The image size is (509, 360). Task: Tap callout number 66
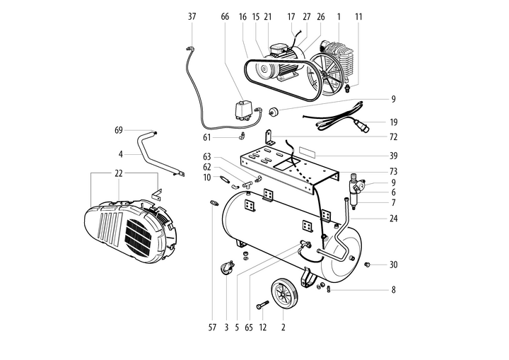pos(225,16)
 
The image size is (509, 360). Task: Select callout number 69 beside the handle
pos(119,130)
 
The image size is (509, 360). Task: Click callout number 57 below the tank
pos(211,327)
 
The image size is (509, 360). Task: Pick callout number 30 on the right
pos(393,265)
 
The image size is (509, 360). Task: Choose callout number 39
pos(393,155)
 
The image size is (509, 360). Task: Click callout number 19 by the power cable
pos(393,121)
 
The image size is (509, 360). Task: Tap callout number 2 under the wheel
pos(283,327)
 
